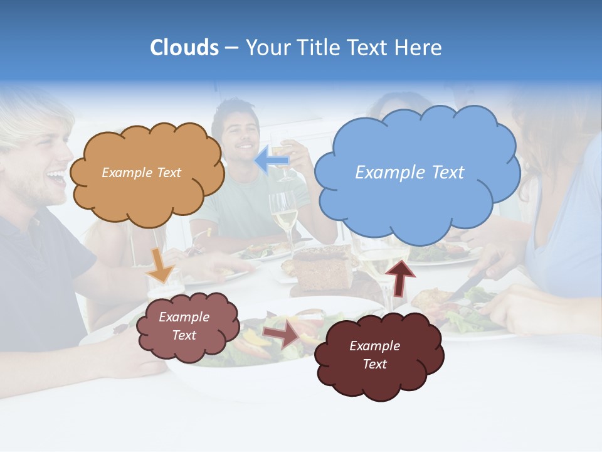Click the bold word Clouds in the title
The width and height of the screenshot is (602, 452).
[x=184, y=48]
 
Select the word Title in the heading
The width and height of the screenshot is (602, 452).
[x=320, y=48]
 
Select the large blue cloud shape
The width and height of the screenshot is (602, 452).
[x=416, y=201]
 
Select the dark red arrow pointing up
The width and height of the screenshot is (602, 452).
[x=399, y=277]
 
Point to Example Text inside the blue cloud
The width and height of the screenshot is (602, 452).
[x=409, y=173]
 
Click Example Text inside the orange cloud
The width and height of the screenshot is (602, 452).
[x=141, y=173]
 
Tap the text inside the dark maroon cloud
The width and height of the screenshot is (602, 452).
[x=374, y=355]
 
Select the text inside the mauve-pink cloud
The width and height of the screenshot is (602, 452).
[x=184, y=326]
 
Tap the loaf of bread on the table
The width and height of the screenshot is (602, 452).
[x=323, y=267]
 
